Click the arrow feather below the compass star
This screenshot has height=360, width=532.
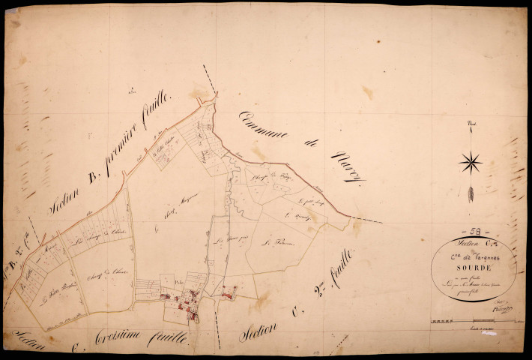click(471, 193)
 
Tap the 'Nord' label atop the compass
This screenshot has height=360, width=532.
click(471, 124)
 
